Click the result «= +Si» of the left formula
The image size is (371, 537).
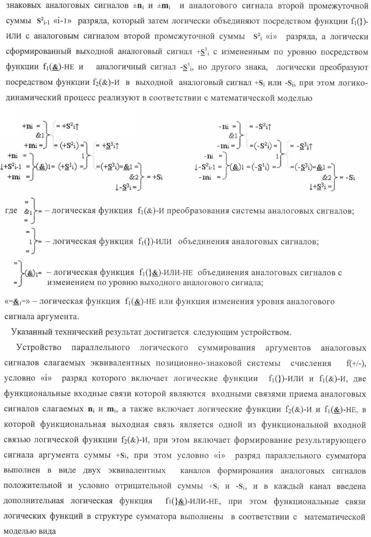(155, 177)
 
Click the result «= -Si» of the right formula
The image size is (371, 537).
(348, 177)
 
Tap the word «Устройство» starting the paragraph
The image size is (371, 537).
(39, 348)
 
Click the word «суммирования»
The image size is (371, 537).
(226, 348)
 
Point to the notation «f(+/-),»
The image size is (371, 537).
(356, 363)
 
